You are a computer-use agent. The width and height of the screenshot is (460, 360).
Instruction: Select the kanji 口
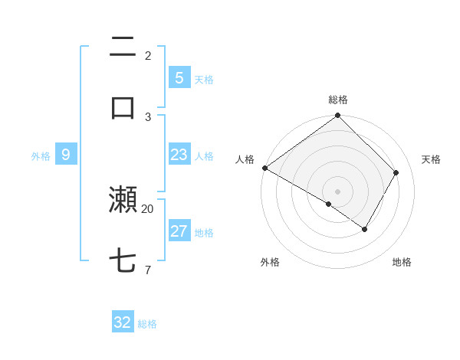[123, 107]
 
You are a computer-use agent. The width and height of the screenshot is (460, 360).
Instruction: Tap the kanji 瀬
[123, 200]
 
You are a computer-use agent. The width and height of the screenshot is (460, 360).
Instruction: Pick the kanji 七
[123, 261]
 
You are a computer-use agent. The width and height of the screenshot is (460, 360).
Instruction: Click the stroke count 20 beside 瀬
[148, 208]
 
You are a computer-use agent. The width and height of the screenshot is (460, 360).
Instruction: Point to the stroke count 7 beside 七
[148, 270]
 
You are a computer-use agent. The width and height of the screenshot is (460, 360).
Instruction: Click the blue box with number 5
[179, 77]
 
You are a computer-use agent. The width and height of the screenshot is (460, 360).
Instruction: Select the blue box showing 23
[179, 155]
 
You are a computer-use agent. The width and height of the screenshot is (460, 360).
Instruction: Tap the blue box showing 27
[179, 231]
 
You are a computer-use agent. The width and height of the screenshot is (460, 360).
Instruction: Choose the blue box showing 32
[123, 322]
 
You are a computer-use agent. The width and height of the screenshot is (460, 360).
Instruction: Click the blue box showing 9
[66, 155]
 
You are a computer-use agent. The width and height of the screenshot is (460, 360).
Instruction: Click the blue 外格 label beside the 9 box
[41, 156]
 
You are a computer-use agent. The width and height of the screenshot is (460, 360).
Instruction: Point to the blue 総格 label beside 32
[148, 324]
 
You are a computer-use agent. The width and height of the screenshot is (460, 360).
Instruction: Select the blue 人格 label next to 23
[204, 156]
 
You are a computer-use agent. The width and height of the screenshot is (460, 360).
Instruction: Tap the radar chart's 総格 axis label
[338, 100]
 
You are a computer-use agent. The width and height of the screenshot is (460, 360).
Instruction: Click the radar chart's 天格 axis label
[431, 159]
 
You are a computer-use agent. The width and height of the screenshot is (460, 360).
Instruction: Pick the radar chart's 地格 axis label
[402, 262]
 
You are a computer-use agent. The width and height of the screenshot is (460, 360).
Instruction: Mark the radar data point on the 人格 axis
[264, 168]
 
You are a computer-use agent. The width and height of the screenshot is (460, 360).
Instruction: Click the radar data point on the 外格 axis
[329, 205]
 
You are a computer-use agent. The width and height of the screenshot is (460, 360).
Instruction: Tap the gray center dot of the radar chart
[338, 191]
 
